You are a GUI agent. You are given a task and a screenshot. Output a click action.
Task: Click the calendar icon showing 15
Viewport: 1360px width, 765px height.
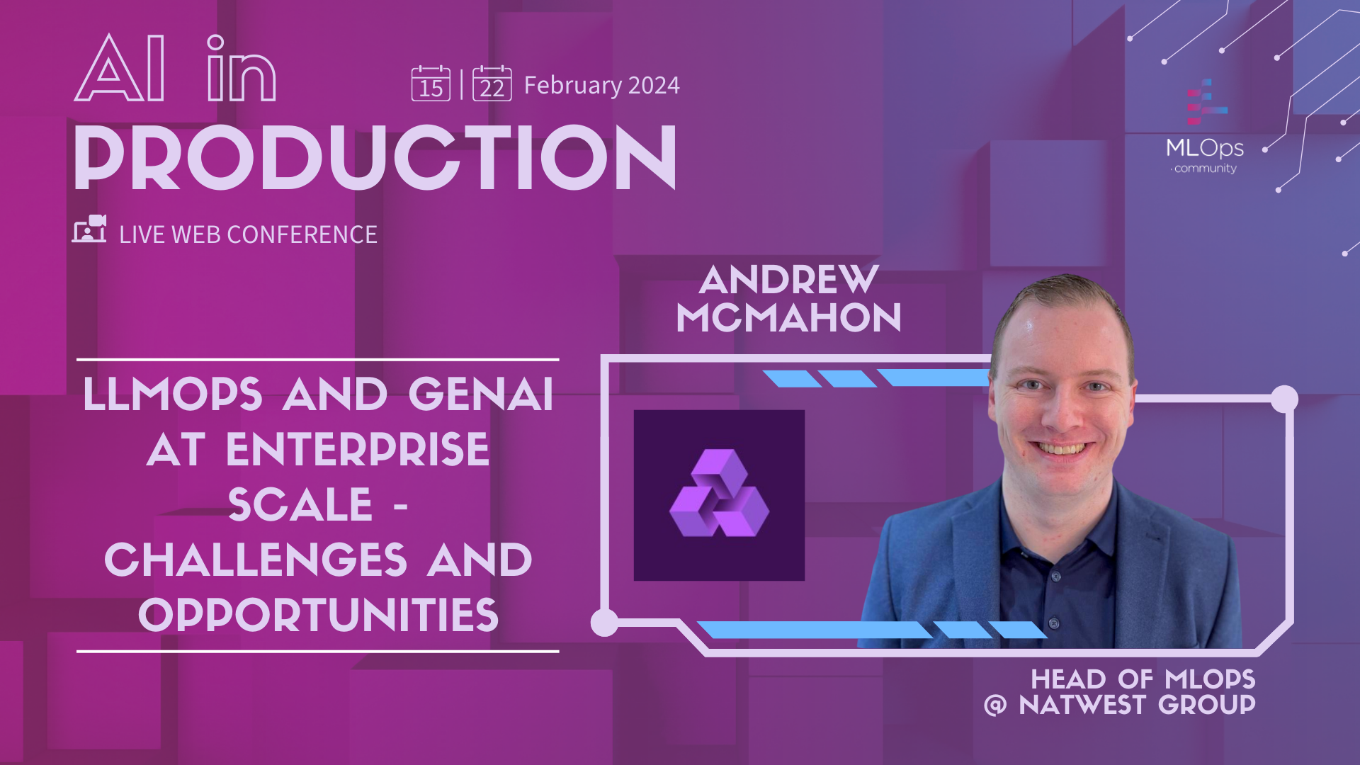coord(431,84)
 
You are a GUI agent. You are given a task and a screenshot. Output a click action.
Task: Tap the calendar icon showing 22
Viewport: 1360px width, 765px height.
coord(492,84)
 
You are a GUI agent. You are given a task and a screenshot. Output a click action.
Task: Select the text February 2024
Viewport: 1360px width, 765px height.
coord(602,86)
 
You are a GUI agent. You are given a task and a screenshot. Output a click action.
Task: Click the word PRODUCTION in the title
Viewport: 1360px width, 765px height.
coord(375,157)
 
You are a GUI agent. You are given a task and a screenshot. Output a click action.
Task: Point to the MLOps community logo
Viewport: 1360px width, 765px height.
coord(1205,127)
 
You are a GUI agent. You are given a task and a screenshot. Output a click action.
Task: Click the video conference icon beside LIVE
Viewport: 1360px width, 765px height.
coord(89,229)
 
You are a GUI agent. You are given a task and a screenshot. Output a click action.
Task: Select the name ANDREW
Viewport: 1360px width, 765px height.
coord(788,280)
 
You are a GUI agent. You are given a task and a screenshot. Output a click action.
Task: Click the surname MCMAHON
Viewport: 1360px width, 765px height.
coord(788,317)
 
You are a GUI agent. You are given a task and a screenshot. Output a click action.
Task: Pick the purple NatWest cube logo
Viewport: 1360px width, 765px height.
coord(719,494)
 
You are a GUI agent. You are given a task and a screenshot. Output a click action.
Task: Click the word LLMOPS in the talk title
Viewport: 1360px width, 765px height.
coord(173,394)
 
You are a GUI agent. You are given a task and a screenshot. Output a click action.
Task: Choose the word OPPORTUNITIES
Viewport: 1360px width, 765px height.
coord(319,615)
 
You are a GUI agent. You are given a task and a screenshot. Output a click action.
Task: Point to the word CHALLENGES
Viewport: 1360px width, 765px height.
coord(256,560)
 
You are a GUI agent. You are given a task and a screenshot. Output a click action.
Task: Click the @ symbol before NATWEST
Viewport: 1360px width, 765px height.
coord(995,705)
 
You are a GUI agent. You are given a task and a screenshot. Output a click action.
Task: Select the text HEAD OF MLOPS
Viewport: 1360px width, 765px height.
coord(1143,679)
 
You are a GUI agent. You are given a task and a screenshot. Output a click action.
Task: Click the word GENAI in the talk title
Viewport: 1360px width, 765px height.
coord(481,394)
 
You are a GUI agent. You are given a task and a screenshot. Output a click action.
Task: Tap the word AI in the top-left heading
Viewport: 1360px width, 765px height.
coord(120,68)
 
